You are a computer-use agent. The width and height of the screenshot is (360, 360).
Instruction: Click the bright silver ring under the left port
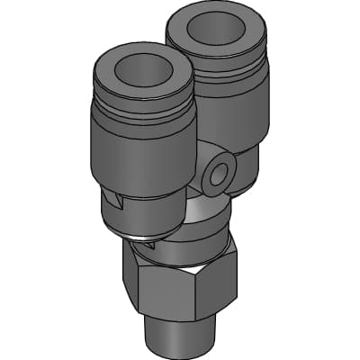pos(139,241)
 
